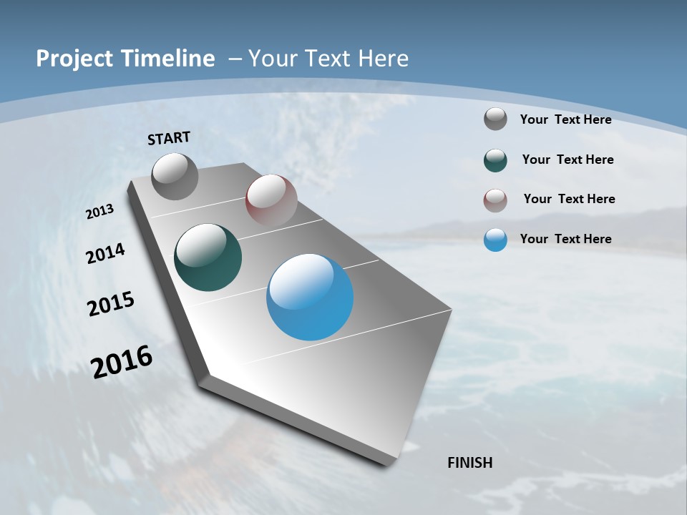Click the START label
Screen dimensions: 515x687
pyautogui.click(x=169, y=138)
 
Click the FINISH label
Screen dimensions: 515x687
pyautogui.click(x=469, y=463)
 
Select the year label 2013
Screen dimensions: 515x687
pyautogui.click(x=99, y=212)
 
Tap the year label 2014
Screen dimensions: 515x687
pyautogui.click(x=106, y=254)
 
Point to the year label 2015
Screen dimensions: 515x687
pyautogui.click(x=111, y=304)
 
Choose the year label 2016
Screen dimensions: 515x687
pyautogui.click(x=122, y=362)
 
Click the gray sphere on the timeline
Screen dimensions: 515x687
pyautogui.click(x=175, y=176)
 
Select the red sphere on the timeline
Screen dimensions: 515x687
pyautogui.click(x=271, y=200)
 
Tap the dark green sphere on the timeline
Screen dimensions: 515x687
pyautogui.click(x=208, y=257)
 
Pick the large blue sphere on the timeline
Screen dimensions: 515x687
pyautogui.click(x=310, y=297)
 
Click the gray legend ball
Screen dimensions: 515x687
pyautogui.click(x=495, y=119)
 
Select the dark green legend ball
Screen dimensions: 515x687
pyautogui.click(x=495, y=160)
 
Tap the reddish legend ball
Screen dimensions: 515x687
pyautogui.click(x=495, y=200)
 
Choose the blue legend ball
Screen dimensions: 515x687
pyautogui.click(x=495, y=240)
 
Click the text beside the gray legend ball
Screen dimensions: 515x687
pyautogui.click(x=565, y=119)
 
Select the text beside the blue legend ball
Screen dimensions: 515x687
pyautogui.click(x=565, y=239)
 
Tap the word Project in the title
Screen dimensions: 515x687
pyautogui.click(x=75, y=59)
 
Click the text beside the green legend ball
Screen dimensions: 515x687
pyautogui.click(x=567, y=160)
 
